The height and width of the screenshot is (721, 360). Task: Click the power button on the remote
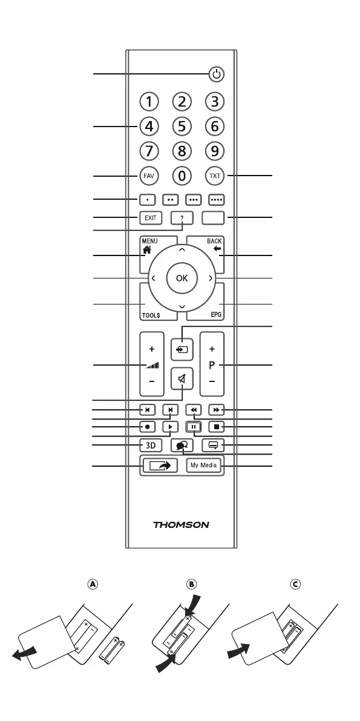point(217,74)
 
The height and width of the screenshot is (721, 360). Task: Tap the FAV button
point(149,176)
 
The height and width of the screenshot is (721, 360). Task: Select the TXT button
point(215,176)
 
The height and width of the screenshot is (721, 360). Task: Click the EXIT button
point(151,218)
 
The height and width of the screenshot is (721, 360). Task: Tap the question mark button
point(182,218)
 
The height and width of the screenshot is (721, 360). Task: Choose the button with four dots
point(216,200)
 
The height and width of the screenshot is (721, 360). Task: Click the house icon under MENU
point(146,250)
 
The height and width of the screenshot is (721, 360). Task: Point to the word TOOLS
point(151,316)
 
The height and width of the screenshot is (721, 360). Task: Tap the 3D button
point(151,445)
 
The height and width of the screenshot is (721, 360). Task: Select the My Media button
point(204,466)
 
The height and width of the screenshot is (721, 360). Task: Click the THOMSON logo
point(181,525)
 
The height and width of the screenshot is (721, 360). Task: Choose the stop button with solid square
point(216,427)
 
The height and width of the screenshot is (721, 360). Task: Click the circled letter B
point(191,584)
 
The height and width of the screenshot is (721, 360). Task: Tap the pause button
point(194,427)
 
